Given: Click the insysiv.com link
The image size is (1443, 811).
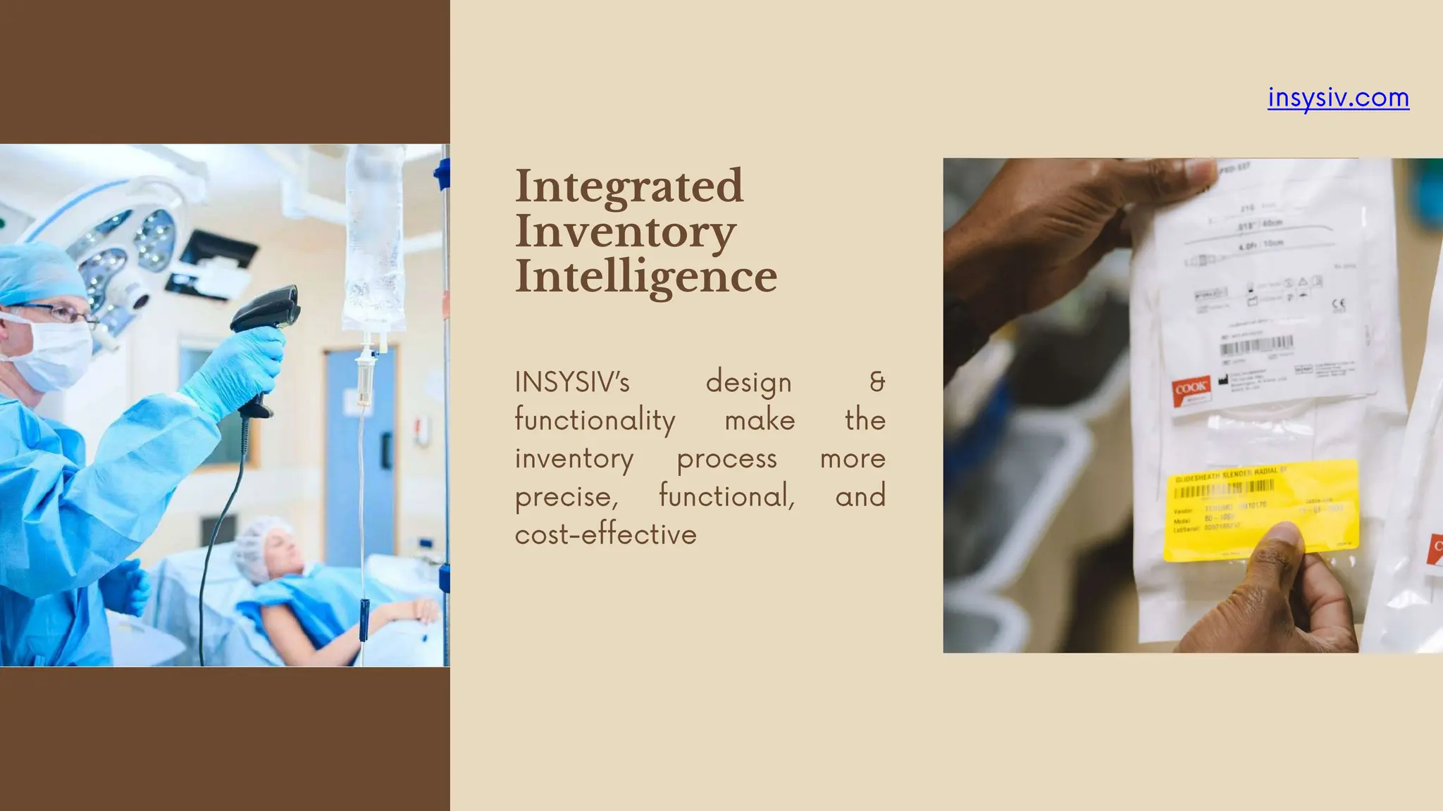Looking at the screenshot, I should tap(1338, 97).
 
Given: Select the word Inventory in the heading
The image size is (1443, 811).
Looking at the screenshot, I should tap(625, 232).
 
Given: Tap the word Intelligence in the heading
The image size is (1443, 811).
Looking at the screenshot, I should tap(646, 277).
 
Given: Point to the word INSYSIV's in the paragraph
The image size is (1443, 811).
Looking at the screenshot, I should tap(572, 382).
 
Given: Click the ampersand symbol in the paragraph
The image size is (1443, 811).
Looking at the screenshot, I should tap(877, 382).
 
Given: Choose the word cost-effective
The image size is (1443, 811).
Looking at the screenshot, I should tap(605, 534).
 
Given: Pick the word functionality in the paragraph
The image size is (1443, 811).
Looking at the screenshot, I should tap(595, 420).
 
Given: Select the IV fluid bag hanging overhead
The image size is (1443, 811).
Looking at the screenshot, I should tap(373, 239).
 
